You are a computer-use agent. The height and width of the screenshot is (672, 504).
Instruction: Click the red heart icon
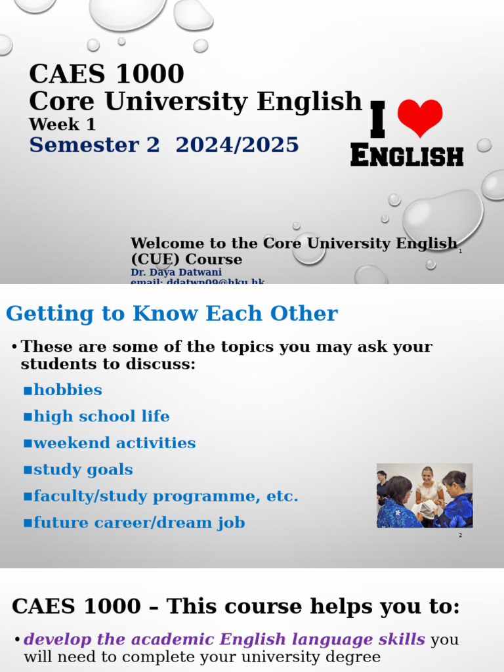click(x=420, y=118)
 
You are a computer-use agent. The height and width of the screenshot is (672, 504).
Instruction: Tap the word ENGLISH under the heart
click(x=407, y=156)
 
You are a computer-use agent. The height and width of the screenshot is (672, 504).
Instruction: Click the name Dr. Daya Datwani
click(x=176, y=272)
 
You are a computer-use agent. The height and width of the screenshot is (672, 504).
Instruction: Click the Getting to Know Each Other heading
click(x=172, y=314)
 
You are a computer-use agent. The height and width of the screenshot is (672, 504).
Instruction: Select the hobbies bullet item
click(x=68, y=390)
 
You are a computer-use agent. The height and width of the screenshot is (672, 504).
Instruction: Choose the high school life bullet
click(x=101, y=417)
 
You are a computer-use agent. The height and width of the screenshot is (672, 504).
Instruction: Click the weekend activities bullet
click(x=114, y=443)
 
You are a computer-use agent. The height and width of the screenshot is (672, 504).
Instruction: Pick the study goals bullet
click(x=83, y=470)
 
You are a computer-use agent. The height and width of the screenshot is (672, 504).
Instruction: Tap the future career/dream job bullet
click(x=139, y=523)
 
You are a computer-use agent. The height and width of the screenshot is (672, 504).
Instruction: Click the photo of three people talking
click(x=425, y=495)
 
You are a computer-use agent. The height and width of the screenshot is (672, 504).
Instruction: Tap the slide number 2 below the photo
click(x=461, y=535)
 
